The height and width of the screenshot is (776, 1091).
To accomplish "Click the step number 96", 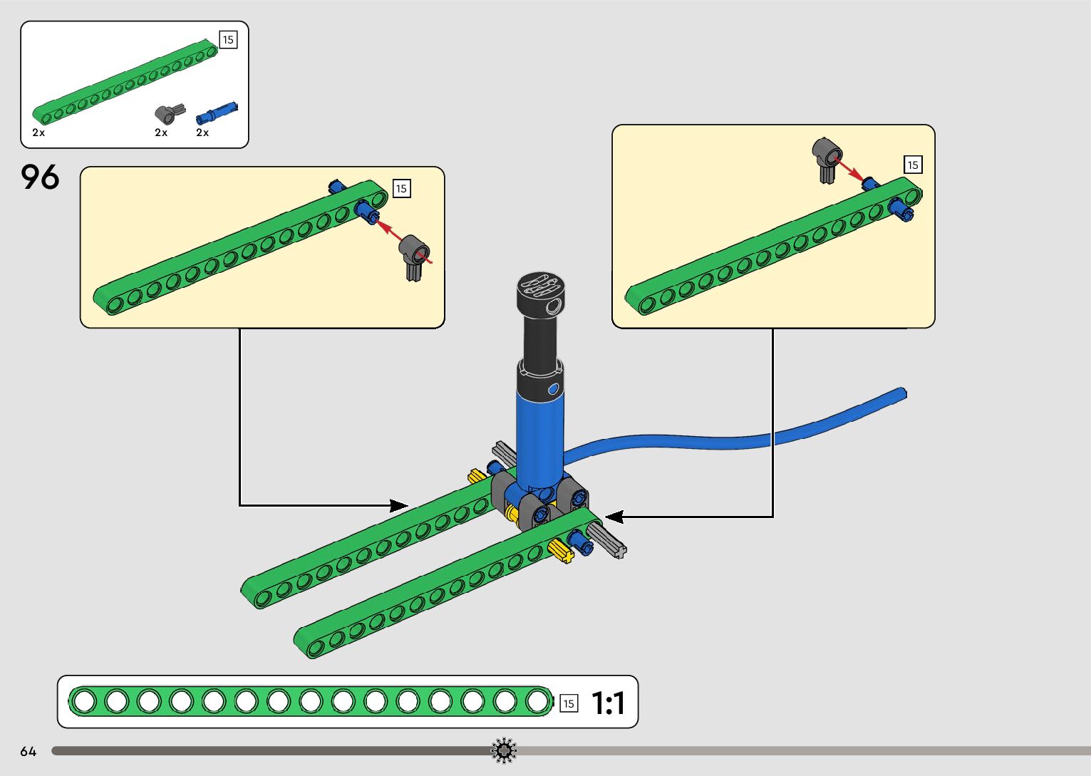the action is [40, 177].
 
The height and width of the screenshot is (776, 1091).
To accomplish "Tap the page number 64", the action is [29, 751].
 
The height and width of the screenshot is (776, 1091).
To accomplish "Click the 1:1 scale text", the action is [609, 703].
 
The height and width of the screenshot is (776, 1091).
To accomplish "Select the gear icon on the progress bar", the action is [504, 750].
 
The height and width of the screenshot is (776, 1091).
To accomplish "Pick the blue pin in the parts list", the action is [217, 114].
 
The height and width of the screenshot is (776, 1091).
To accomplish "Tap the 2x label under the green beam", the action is [38, 133].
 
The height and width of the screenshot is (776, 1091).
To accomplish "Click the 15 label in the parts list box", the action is [228, 39].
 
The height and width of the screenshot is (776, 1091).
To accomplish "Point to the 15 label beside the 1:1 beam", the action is [569, 703].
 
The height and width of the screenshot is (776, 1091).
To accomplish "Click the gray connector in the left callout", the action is [414, 257].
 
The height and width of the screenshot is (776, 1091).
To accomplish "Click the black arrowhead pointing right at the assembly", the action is [399, 506].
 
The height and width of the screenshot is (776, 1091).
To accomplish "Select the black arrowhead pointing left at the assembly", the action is [614, 517].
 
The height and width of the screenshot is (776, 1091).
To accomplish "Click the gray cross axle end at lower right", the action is [619, 552].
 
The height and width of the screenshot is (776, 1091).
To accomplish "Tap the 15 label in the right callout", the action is [913, 165].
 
